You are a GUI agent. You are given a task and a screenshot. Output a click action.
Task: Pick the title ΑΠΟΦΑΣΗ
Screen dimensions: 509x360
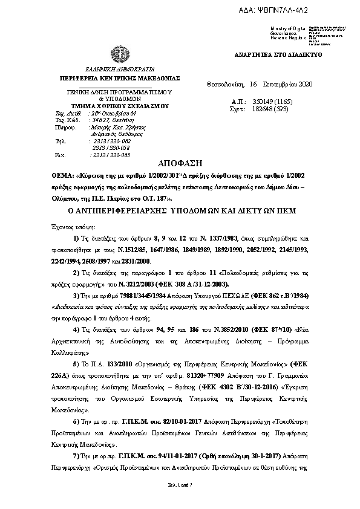coord(179,164)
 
